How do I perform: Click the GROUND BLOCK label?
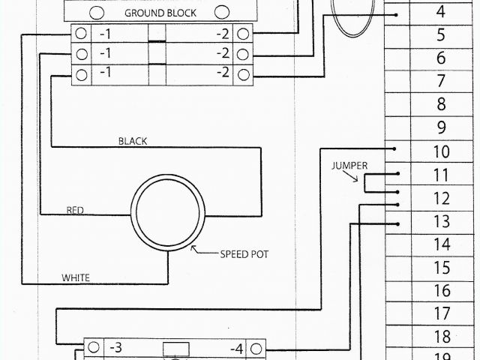pos(160,13)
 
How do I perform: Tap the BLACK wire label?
pos(133,141)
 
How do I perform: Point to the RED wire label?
pos(75,210)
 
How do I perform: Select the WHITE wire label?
pos(75,277)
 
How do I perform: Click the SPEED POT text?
pos(244,254)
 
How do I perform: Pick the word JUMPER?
pos(348,165)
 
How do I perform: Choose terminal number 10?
pos(441,152)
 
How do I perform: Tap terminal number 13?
pos(441,221)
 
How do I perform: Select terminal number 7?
pos(441,81)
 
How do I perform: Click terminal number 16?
pos(441,291)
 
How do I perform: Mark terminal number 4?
pos(441,12)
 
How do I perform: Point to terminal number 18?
pos(441,337)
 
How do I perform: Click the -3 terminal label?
pos(115,347)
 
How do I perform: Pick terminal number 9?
pos(441,127)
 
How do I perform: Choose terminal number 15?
pos(441,268)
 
